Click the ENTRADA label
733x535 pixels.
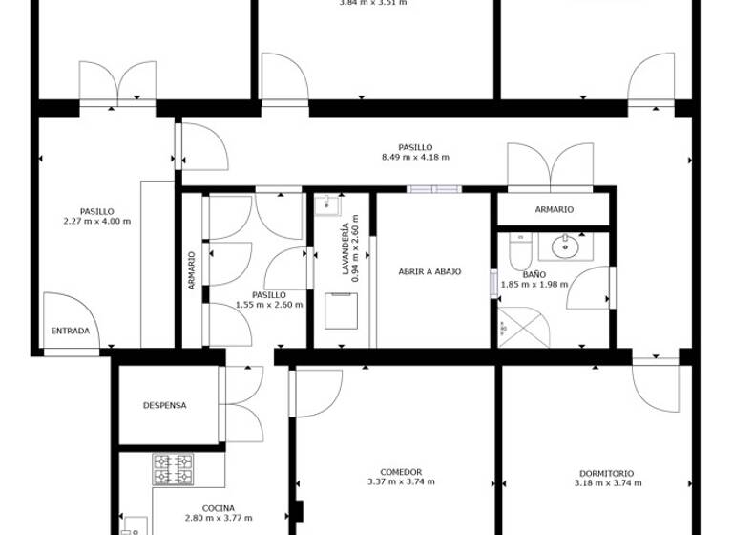(x=71, y=332)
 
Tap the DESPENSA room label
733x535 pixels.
(x=164, y=405)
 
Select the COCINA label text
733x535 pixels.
(x=219, y=508)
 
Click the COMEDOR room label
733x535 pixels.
(x=401, y=472)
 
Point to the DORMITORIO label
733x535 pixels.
(x=605, y=473)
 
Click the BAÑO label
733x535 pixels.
(x=534, y=274)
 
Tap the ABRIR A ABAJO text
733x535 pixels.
(x=429, y=271)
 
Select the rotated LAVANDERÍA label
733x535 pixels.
(x=346, y=248)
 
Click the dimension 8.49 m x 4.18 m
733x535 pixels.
(x=415, y=158)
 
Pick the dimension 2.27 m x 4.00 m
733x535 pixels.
(x=97, y=222)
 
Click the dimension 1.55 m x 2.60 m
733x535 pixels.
(x=269, y=306)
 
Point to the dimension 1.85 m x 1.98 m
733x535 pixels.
(x=534, y=286)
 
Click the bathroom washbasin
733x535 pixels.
(x=567, y=246)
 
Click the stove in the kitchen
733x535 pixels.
(x=174, y=469)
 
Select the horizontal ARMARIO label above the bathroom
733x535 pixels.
(x=554, y=209)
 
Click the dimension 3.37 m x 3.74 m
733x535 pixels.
(x=401, y=482)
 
